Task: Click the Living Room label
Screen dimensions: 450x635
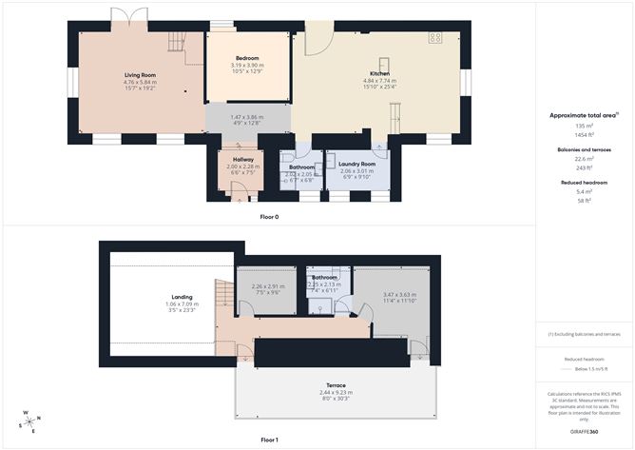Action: pos(140,74)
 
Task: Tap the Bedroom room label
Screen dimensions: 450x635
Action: pos(247,58)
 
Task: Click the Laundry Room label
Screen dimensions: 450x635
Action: pos(356,164)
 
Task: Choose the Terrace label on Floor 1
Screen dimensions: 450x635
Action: pos(337,385)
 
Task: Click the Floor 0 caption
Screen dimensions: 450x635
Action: pos(269,217)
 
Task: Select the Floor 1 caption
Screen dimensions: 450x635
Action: pos(269,440)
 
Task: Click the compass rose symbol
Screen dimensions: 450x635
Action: pos(30,421)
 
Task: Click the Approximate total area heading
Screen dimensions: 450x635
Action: pos(584,115)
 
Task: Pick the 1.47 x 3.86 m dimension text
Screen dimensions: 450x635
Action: pos(247,116)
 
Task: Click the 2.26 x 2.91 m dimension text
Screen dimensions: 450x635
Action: pos(267,286)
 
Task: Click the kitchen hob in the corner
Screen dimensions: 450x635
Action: pos(435,39)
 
